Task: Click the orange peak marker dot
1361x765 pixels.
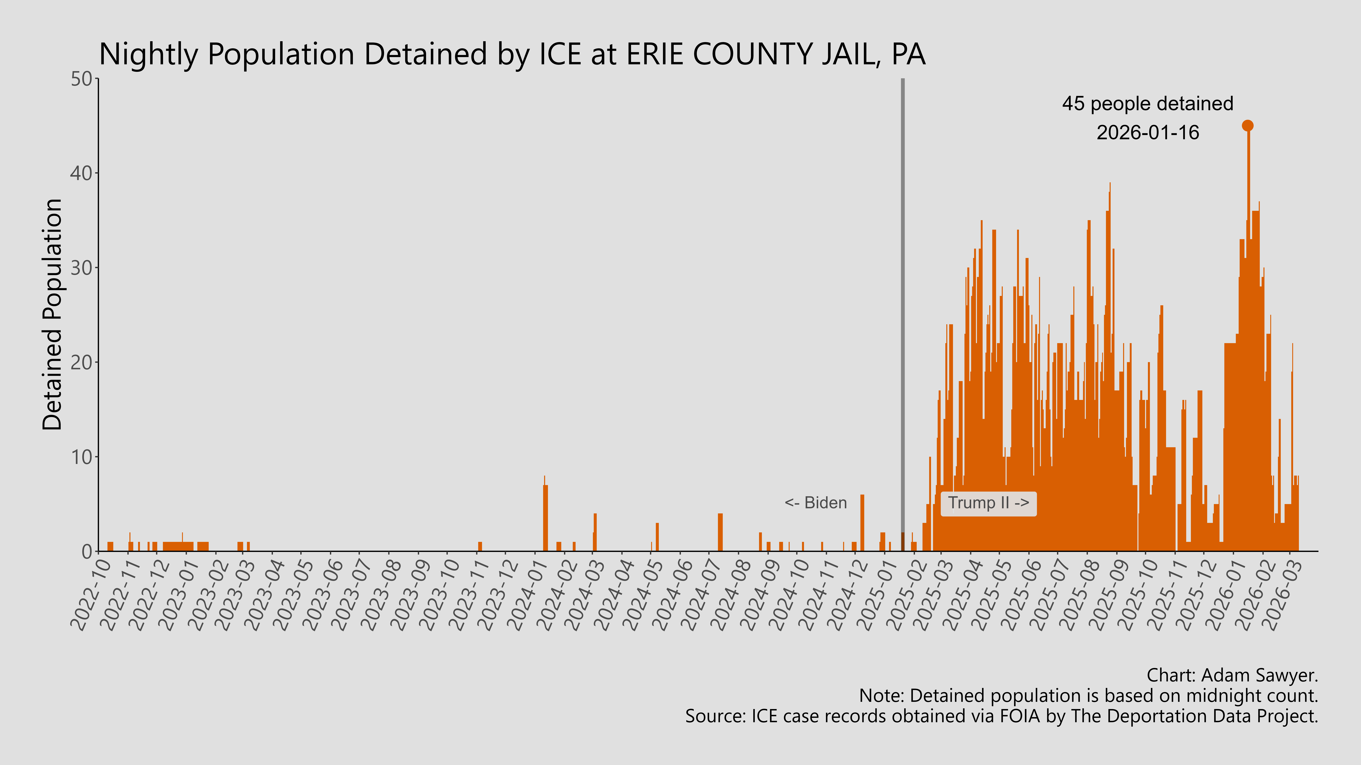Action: click(x=1247, y=126)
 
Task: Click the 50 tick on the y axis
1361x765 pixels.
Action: click(x=82, y=79)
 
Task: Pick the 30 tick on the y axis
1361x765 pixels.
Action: click(x=82, y=268)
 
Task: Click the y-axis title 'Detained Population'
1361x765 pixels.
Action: click(x=52, y=315)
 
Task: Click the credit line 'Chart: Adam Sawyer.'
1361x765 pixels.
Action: click(x=1232, y=675)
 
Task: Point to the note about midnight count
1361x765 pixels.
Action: click(x=1088, y=696)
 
